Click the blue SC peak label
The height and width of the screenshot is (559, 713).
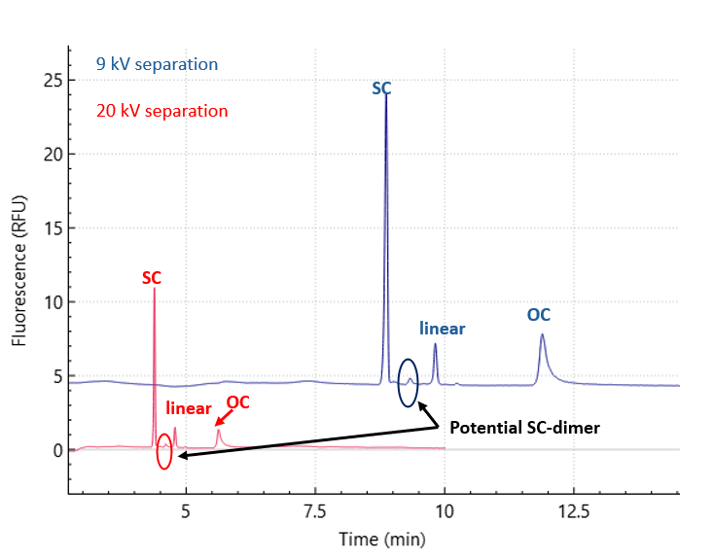point(382,88)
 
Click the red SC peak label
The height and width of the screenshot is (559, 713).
point(152,278)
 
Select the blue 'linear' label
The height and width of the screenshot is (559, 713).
point(442,329)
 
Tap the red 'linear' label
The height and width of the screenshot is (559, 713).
point(189,409)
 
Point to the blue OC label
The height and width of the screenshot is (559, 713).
point(539,315)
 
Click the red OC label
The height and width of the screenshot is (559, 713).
point(238,402)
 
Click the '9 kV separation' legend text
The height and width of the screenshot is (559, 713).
point(157,65)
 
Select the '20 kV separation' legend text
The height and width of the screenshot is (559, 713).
point(162,111)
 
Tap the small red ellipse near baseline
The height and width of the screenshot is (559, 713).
point(164,450)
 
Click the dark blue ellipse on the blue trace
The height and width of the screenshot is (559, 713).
point(409,382)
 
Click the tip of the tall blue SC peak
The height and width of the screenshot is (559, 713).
point(386,95)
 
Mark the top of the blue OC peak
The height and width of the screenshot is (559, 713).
point(542,335)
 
